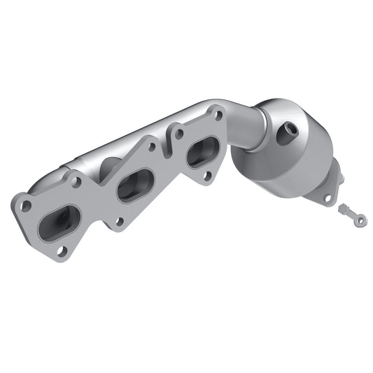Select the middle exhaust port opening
click(x=135, y=185)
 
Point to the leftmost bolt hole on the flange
click(x=25, y=206)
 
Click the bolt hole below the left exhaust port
click(x=62, y=251)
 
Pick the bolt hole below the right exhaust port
click(x=206, y=176)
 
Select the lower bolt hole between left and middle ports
click(x=119, y=222)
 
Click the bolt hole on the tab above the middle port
click(x=150, y=148)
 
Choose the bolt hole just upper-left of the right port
click(x=180, y=132)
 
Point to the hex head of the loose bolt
click(x=344, y=209)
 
